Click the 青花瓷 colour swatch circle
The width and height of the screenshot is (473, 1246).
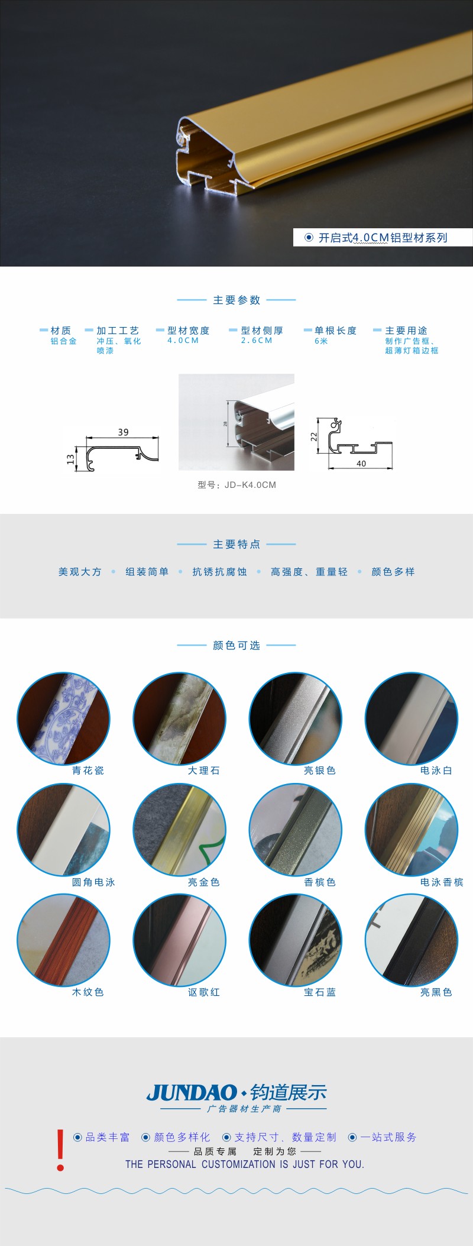pyautogui.click(x=63, y=719)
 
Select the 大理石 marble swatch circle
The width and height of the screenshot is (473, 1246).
pyautogui.click(x=179, y=719)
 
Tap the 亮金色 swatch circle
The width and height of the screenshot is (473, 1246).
pyautogui.click(x=179, y=830)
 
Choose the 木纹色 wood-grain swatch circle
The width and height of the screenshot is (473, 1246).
pyautogui.click(x=63, y=940)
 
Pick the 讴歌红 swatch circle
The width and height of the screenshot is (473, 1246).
pyautogui.click(x=179, y=940)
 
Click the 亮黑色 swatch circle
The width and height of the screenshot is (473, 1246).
pyautogui.click(x=412, y=940)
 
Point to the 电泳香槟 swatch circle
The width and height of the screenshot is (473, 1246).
pyautogui.click(x=412, y=830)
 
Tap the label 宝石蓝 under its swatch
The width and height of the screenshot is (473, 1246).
pyautogui.click(x=320, y=992)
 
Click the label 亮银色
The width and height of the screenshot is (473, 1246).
pyautogui.click(x=320, y=771)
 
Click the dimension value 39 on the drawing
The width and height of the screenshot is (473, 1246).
pyautogui.click(x=123, y=432)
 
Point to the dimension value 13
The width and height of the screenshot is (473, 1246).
pyautogui.click(x=70, y=458)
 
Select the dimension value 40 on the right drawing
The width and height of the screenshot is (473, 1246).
pyautogui.click(x=361, y=464)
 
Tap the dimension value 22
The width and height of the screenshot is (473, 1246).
pyautogui.click(x=314, y=436)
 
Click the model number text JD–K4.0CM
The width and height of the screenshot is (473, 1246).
pyautogui.click(x=250, y=485)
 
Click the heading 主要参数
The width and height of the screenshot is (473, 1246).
pyautogui.click(x=237, y=300)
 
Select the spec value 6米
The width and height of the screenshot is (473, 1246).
pyautogui.click(x=321, y=341)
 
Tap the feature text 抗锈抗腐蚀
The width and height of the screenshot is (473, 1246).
pyautogui.click(x=219, y=572)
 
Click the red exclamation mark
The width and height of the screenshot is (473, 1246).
pyautogui.click(x=60, y=1150)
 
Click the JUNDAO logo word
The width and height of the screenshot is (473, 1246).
pyautogui.click(x=192, y=1092)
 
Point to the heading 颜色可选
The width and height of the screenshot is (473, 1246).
pyautogui.click(x=237, y=645)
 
